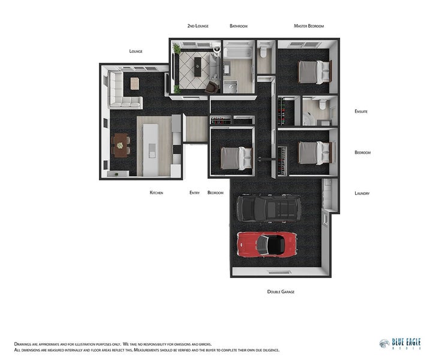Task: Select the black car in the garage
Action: [x=268, y=208]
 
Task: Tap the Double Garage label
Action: [x=281, y=292]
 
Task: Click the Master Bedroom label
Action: [x=309, y=26]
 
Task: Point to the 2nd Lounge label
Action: [x=197, y=26]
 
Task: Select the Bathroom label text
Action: [x=239, y=26]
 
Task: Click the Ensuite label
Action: [x=361, y=112]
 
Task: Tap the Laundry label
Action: [x=362, y=193]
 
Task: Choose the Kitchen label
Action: [x=157, y=193]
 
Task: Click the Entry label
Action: [x=194, y=193]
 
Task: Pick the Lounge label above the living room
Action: [x=136, y=52]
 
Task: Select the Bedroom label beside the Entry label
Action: [x=215, y=193]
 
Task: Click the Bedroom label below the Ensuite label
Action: [x=362, y=152]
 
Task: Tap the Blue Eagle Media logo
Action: [x=400, y=344]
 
